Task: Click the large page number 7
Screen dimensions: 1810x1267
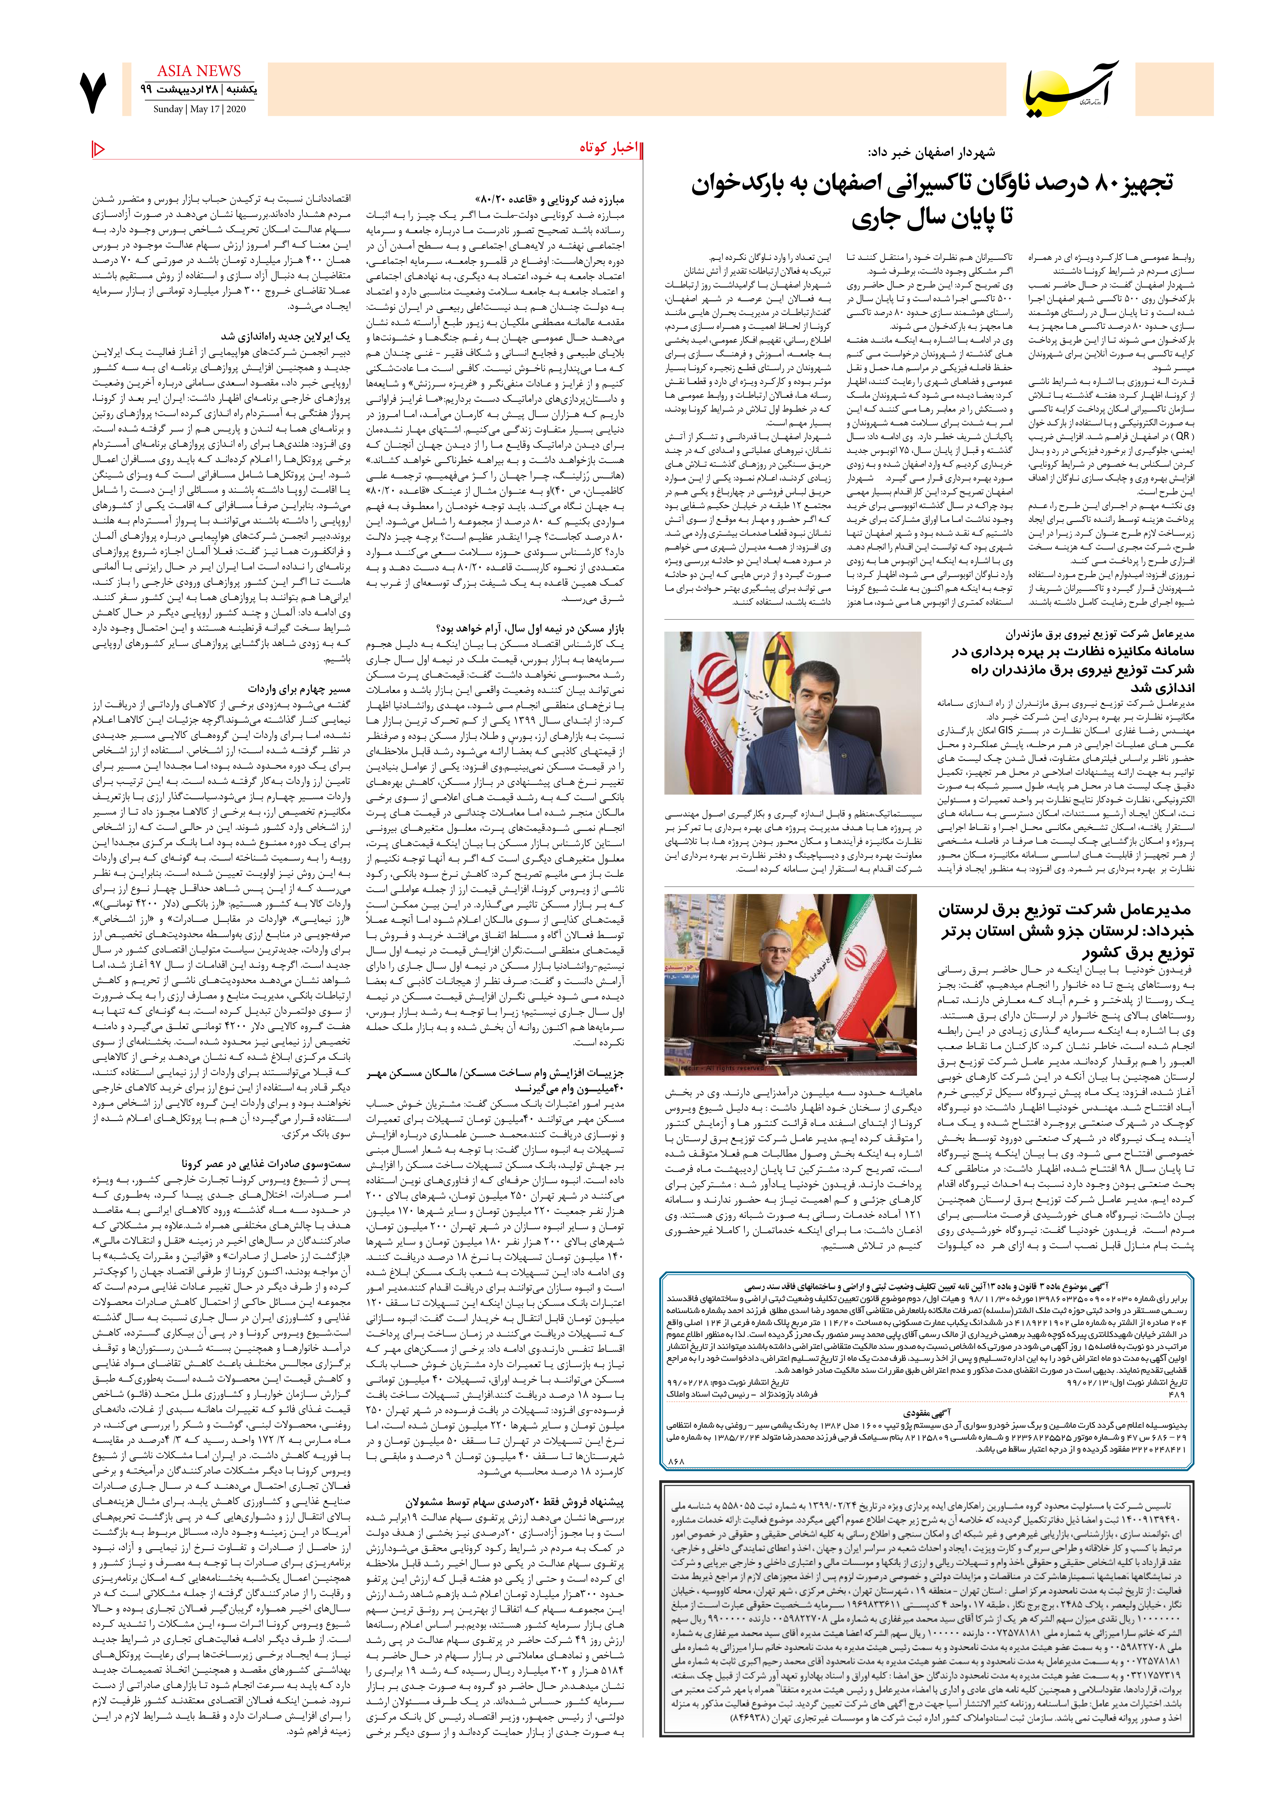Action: coord(93,92)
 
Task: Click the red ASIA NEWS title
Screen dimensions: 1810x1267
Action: coord(199,71)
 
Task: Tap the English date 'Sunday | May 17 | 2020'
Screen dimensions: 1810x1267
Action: coord(200,110)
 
